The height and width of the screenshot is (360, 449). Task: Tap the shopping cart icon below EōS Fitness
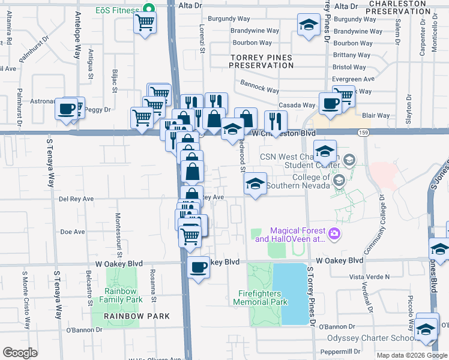point(145,23)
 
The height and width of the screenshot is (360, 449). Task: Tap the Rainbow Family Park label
point(122,295)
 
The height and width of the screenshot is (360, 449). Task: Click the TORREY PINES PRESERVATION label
point(261,61)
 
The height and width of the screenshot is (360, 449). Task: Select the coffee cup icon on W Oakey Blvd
point(198,268)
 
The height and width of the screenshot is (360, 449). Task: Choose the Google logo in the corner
point(20,353)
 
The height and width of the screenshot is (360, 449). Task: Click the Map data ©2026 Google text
point(411,355)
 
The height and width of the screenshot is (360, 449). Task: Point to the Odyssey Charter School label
point(370,338)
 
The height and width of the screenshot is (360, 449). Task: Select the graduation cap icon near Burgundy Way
point(309,25)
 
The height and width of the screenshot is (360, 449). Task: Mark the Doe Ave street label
point(73,232)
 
